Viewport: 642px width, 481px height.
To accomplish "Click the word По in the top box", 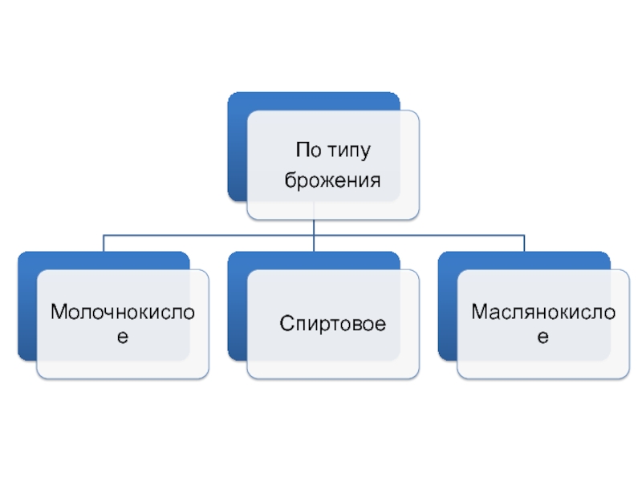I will pyautogui.click(x=307, y=150).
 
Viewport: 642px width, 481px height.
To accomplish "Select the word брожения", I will pyautogui.click(x=332, y=181).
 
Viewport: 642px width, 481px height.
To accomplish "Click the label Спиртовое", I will pyautogui.click(x=333, y=325).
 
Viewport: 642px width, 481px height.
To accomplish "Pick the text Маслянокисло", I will pyautogui.click(x=543, y=311).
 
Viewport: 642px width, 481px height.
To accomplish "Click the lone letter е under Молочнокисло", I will pyautogui.click(x=123, y=338).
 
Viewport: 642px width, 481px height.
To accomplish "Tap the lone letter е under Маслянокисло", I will pyautogui.click(x=543, y=338).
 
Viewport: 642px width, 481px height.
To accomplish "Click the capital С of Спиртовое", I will pyautogui.click(x=286, y=325).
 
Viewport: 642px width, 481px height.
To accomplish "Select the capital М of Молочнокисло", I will pyautogui.click(x=58, y=311).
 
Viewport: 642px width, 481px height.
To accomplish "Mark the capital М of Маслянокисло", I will pyautogui.click(x=479, y=311).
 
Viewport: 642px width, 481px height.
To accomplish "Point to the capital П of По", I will pyautogui.click(x=302, y=150).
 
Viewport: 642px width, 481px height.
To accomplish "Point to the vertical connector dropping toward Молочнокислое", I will pyautogui.click(x=104, y=244).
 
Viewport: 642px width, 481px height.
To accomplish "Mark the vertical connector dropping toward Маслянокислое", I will pyautogui.click(x=524, y=244).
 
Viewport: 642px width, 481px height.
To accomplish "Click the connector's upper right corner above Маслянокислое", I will pyautogui.click(x=524, y=236).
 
